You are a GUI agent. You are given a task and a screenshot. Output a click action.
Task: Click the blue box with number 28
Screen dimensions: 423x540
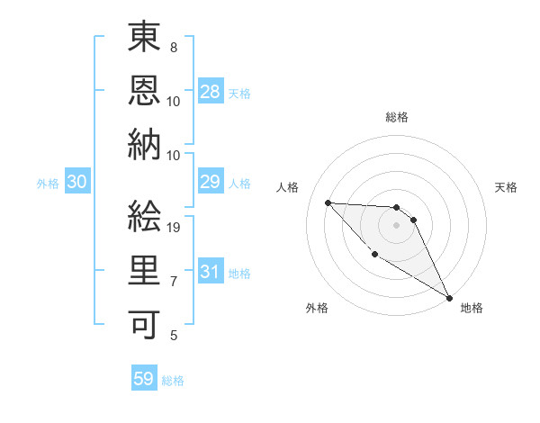tap(211, 91)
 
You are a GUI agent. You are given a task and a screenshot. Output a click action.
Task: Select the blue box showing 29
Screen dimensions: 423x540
tap(211, 182)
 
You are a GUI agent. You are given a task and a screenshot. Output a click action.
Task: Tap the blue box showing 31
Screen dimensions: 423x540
tap(211, 272)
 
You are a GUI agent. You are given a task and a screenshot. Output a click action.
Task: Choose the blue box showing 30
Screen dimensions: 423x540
tap(77, 182)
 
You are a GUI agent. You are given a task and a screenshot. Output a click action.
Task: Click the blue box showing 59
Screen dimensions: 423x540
tap(144, 379)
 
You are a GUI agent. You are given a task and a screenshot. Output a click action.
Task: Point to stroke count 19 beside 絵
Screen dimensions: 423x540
tap(176, 228)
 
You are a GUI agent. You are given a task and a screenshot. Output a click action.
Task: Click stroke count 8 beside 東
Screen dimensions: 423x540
tap(173, 47)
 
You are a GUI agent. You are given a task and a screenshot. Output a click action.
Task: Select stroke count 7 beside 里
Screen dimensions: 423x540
tap(173, 282)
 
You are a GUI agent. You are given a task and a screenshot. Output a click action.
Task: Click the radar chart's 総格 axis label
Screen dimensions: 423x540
tap(397, 117)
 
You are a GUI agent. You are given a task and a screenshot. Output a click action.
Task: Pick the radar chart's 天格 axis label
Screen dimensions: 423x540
tap(507, 187)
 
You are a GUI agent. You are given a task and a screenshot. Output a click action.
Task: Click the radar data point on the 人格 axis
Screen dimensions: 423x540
tap(328, 202)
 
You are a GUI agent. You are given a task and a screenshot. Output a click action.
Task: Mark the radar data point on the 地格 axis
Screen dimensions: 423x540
tap(450, 298)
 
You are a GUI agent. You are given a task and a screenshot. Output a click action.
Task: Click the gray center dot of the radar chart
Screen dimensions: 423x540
tap(396, 225)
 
